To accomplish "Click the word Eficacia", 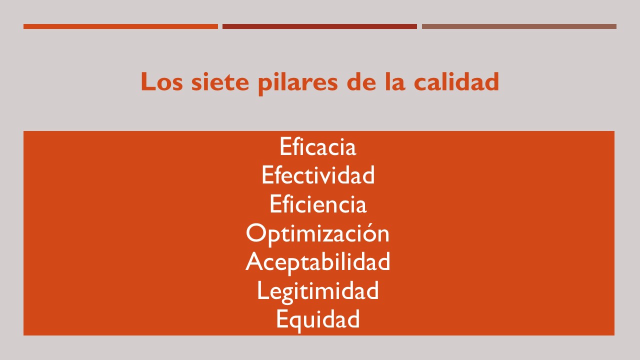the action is (317, 146).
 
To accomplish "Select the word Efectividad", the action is (318, 174).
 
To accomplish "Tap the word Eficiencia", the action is (318, 203).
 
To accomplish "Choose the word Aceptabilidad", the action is (317, 263).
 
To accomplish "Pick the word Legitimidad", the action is (317, 291).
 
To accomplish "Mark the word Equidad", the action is (317, 320).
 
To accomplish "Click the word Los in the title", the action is (161, 81).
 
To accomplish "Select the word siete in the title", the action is (220, 81).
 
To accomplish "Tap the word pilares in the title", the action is (298, 83).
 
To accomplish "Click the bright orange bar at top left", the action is (120, 26).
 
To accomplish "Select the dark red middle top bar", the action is (319, 26).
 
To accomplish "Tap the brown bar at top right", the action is (519, 26).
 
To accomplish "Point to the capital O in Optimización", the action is (255, 233).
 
